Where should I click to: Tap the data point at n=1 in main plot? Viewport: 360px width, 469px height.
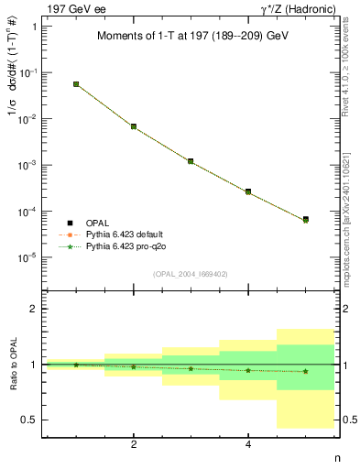tap(76, 84)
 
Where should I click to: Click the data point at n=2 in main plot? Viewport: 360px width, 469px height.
tap(134, 126)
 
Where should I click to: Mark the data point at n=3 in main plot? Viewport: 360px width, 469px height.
tap(191, 161)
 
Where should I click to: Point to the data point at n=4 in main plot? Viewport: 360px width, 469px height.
tap(248, 191)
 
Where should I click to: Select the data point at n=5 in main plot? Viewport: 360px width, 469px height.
tap(305, 220)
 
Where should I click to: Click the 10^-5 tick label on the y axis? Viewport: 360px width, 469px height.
tap(27, 258)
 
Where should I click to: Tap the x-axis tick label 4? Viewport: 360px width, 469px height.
tap(248, 445)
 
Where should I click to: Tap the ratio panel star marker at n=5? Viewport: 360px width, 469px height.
tap(305, 371)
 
